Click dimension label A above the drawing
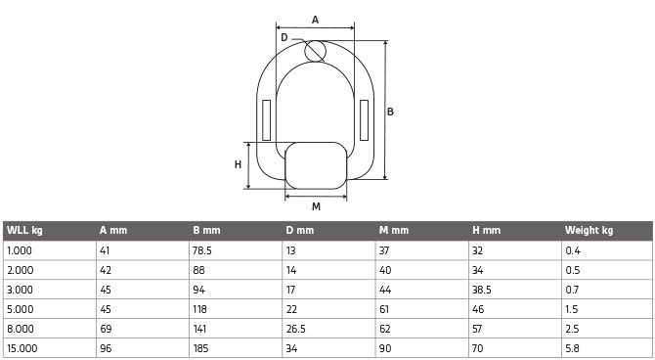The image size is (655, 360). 315,20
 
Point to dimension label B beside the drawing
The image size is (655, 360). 390,112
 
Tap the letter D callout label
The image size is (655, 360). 284,37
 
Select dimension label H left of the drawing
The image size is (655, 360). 238,164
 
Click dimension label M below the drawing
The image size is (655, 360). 316,206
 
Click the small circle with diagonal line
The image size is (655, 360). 315,51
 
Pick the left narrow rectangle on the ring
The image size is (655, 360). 267,120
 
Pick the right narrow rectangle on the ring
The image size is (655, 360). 364,120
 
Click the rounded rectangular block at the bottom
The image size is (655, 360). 316,165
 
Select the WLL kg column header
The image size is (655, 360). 24,230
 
